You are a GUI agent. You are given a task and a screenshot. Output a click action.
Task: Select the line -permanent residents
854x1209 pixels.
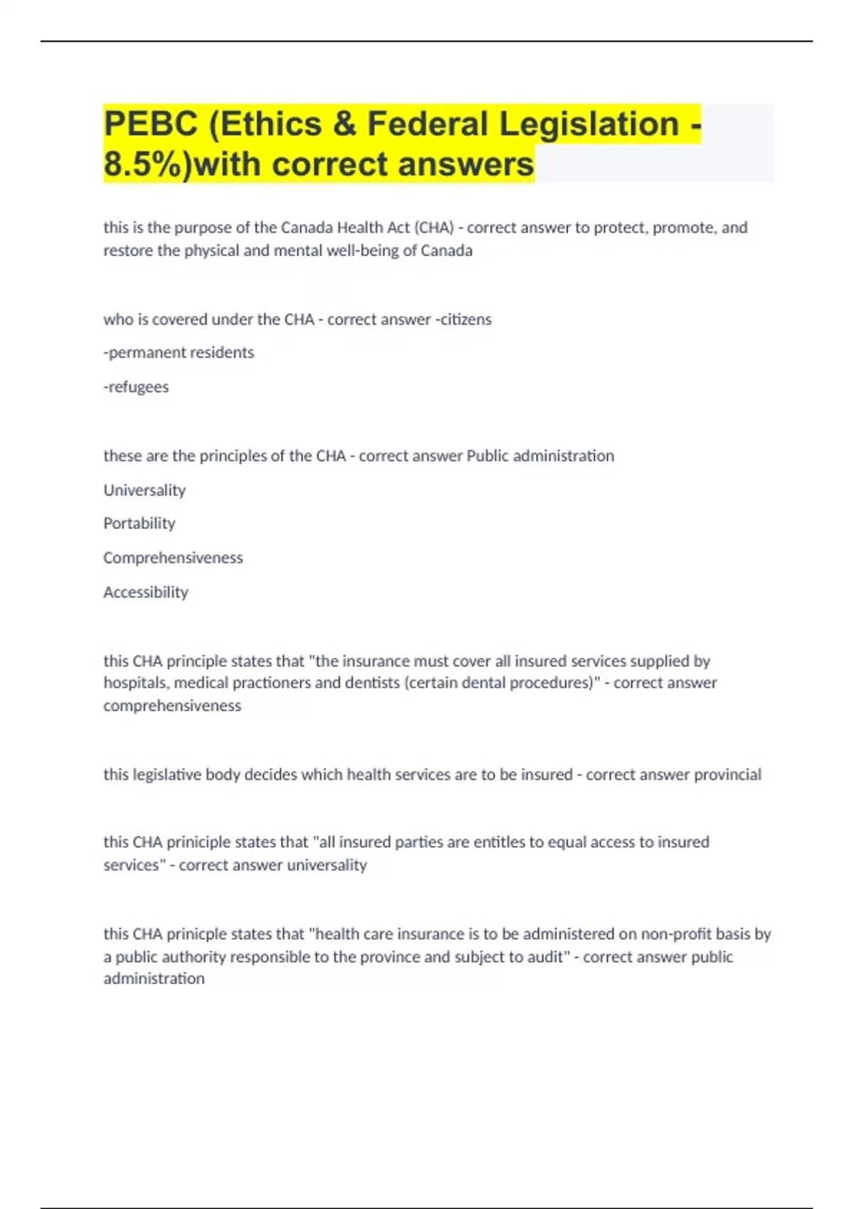pos(179,353)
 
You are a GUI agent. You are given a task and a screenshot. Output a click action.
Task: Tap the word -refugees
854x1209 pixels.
pos(136,387)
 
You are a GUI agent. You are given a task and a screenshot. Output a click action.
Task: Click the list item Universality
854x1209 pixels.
pos(144,490)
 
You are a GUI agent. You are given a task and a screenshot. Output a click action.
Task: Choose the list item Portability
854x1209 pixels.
pos(139,523)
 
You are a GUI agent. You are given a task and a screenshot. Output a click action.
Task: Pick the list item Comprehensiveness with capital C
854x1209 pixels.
pos(173,558)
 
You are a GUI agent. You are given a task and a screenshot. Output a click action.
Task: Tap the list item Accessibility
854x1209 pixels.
pos(146,592)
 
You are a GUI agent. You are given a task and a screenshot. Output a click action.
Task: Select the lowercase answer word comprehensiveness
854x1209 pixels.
pos(172,705)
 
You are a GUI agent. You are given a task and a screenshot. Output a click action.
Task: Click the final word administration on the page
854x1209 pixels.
pos(154,979)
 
